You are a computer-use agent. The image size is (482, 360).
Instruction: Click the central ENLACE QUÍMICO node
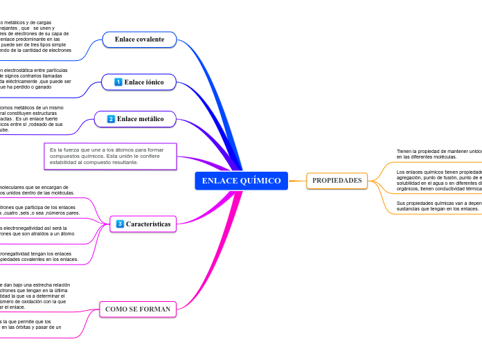[x=241, y=181]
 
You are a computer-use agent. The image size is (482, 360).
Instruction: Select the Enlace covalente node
[x=139, y=39]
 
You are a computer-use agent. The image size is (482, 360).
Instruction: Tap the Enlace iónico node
[x=139, y=82]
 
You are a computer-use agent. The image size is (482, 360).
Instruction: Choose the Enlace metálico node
[x=135, y=119]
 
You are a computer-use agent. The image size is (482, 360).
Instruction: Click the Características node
[x=143, y=224]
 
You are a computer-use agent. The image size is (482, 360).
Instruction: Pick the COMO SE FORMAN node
[x=137, y=308]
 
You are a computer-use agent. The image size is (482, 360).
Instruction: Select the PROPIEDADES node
[x=337, y=181]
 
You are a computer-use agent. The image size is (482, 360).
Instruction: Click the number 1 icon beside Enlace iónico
[x=118, y=82]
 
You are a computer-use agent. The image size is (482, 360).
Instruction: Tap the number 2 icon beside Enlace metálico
[x=111, y=119]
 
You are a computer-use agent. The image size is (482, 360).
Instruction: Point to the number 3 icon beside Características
[x=120, y=224]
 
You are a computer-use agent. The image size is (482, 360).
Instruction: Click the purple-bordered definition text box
[x=110, y=156]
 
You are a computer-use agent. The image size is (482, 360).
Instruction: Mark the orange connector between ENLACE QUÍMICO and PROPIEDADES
[x=296, y=181]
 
